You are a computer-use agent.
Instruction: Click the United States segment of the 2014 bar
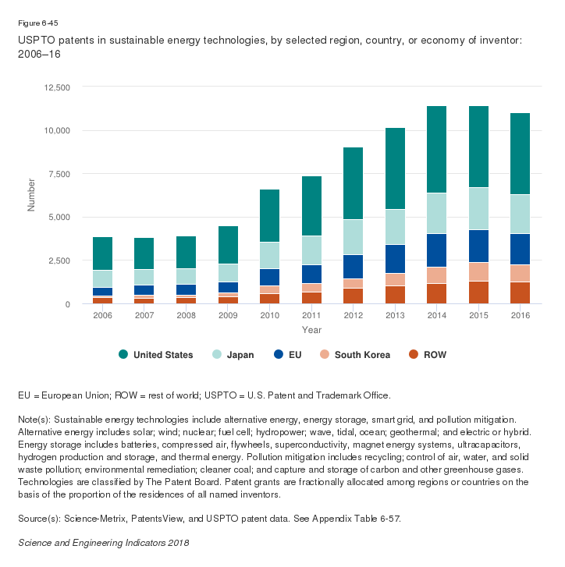point(436,149)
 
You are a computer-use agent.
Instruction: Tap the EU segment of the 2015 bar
point(478,246)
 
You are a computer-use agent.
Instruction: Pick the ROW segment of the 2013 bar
point(395,294)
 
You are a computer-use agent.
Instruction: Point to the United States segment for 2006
point(103,253)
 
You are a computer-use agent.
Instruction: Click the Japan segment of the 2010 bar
point(270,255)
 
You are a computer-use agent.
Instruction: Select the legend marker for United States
point(123,355)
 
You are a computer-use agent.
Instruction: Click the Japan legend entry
point(233,355)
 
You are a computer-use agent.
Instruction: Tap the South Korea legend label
point(363,355)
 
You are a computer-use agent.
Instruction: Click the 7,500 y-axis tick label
point(57,174)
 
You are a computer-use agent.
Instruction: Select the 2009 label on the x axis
point(228,315)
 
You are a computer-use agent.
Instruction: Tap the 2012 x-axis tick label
point(353,315)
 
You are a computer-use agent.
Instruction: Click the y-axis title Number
point(32,195)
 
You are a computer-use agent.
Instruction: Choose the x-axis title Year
point(311,330)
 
